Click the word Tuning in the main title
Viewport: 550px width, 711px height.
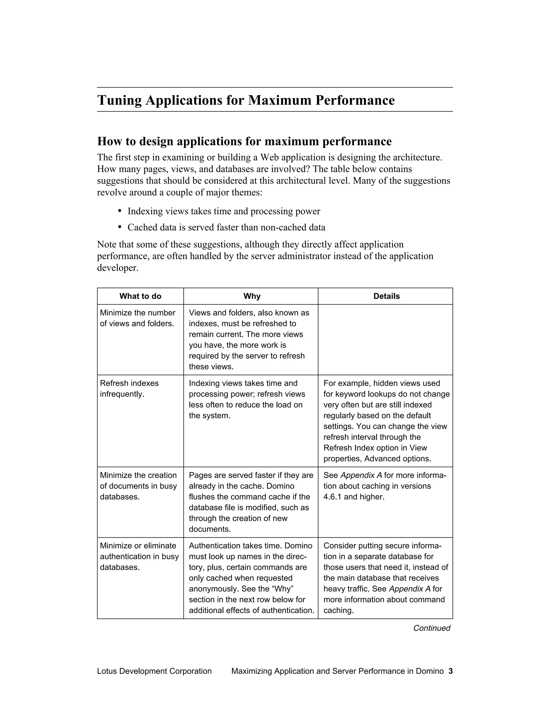click(119, 100)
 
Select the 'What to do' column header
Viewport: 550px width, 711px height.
click(140, 296)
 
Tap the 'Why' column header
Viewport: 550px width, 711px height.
click(252, 296)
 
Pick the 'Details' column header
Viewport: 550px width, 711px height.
click(386, 296)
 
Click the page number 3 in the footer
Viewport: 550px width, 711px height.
click(450, 671)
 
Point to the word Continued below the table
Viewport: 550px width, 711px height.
click(431, 628)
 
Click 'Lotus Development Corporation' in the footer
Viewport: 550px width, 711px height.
click(154, 671)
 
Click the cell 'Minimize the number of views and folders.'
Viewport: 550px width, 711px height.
click(137, 318)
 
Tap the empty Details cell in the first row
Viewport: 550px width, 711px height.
click(385, 340)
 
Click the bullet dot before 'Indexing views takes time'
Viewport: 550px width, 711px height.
click(120, 211)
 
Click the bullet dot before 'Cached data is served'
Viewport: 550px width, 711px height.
click(120, 227)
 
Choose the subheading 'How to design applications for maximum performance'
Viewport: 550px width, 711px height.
click(244, 142)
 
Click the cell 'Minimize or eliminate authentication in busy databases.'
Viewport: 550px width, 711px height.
click(139, 557)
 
